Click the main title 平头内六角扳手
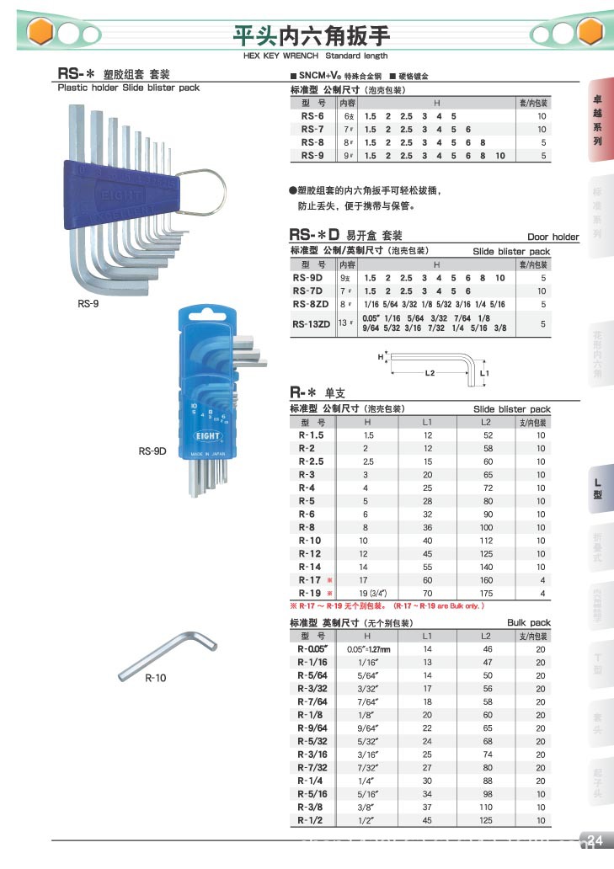click(x=312, y=35)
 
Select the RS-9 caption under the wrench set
click(x=88, y=304)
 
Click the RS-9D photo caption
click(x=153, y=450)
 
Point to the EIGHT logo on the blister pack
click(x=207, y=436)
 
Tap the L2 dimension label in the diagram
click(x=429, y=371)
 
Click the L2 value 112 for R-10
click(x=486, y=541)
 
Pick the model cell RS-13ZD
click(x=311, y=323)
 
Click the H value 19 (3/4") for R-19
click(x=368, y=594)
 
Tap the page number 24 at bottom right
click(x=595, y=840)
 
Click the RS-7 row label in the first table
click(x=312, y=130)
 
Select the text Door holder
click(x=553, y=237)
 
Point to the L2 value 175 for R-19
click(x=486, y=594)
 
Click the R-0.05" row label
click(x=311, y=649)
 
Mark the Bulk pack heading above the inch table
click(x=528, y=622)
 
